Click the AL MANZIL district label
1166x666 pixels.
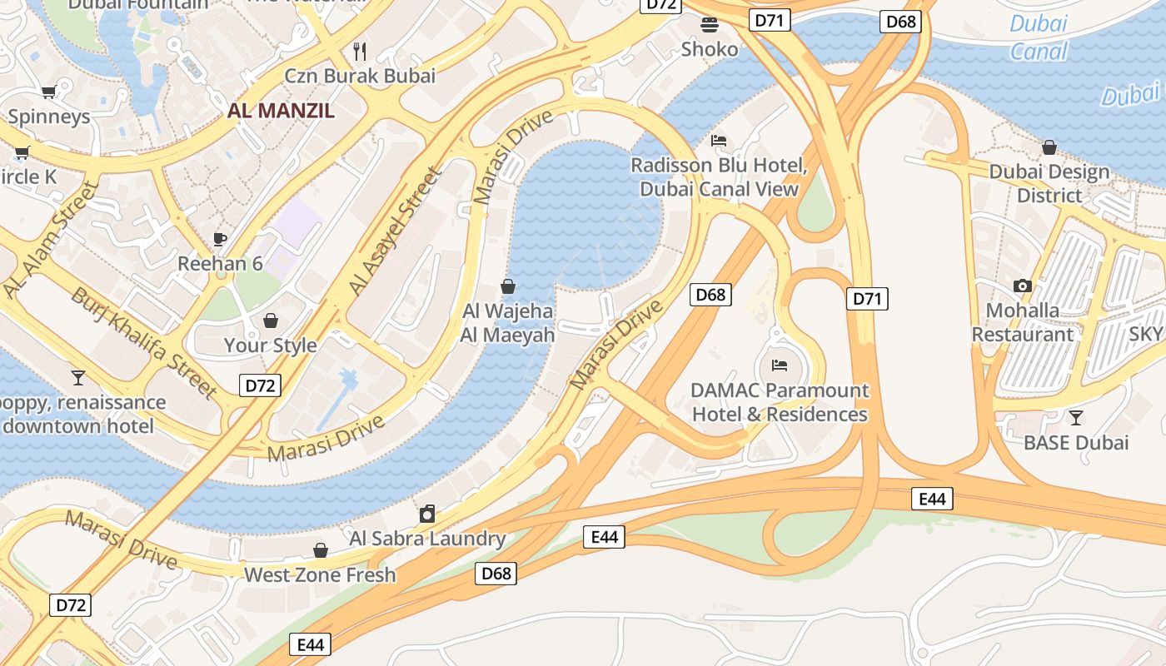pos(281,111)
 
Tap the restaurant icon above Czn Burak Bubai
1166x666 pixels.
pos(360,51)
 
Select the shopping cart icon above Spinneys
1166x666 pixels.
pos(48,92)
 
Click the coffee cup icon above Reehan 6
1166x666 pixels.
pos(220,239)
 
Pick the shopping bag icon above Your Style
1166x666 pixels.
pos(271,321)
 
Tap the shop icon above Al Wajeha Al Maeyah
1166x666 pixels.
pos(508,286)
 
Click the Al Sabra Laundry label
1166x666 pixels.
pos(427,538)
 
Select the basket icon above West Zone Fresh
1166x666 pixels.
pos(321,550)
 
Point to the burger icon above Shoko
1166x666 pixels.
pos(710,24)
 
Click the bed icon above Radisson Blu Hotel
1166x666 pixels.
pos(719,140)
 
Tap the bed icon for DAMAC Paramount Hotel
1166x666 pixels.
pos(780,365)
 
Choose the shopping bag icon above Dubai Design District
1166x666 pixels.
pos(1049,147)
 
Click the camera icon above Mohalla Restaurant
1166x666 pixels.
pos(1023,286)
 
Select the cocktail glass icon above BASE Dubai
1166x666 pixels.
pos(1076,417)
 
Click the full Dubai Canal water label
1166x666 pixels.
pos(1039,37)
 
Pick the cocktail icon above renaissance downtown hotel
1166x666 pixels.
pos(78,377)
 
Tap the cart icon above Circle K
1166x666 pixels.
pos(22,152)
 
